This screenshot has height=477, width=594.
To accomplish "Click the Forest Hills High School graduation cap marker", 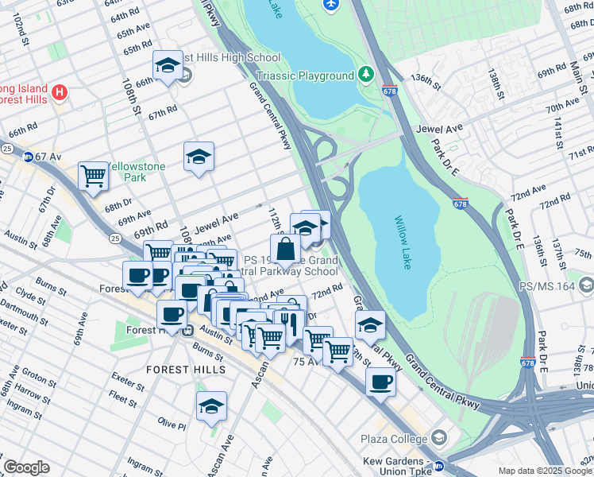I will tap(168, 67).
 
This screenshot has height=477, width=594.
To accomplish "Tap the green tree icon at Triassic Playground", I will tap(366, 76).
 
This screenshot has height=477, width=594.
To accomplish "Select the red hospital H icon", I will tap(58, 93).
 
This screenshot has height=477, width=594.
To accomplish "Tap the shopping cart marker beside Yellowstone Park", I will tap(94, 176).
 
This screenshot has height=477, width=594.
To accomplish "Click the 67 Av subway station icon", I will tap(28, 157).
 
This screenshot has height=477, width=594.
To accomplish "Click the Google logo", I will tap(26, 467).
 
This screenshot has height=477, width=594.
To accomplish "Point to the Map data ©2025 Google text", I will tap(544, 471).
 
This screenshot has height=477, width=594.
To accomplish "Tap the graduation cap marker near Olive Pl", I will tap(211, 405).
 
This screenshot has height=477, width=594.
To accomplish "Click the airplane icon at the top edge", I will tap(331, 5).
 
